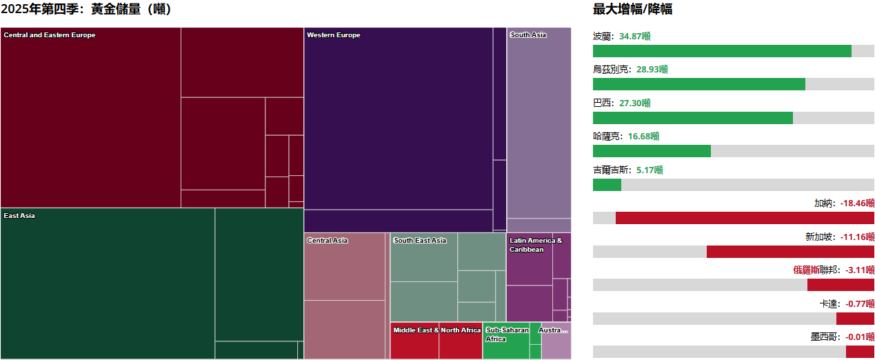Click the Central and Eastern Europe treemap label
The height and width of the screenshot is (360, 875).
click(50, 35)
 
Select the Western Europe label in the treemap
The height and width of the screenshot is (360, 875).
click(334, 35)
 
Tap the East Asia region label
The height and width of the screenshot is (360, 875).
click(19, 216)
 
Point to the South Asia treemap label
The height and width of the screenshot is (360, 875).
click(528, 35)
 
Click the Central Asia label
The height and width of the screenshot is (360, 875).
click(328, 241)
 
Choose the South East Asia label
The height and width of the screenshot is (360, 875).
click(420, 241)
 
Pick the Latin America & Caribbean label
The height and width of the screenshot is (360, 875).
click(536, 245)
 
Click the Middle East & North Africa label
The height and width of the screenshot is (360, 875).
click(436, 330)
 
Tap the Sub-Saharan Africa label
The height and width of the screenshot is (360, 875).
click(507, 334)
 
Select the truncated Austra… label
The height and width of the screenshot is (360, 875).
click(554, 330)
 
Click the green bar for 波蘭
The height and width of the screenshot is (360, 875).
click(722, 51)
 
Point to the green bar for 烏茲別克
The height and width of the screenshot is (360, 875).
click(698, 84)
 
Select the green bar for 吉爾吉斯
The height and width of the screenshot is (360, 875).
click(607, 185)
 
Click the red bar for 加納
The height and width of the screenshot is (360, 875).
click(745, 218)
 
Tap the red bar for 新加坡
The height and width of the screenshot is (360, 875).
click(790, 252)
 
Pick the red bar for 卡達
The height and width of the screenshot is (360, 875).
click(855, 319)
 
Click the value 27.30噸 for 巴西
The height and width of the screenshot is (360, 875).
click(635, 103)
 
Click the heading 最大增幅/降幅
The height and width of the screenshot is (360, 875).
click(632, 9)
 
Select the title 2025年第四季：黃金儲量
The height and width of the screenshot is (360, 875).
click(86, 9)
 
